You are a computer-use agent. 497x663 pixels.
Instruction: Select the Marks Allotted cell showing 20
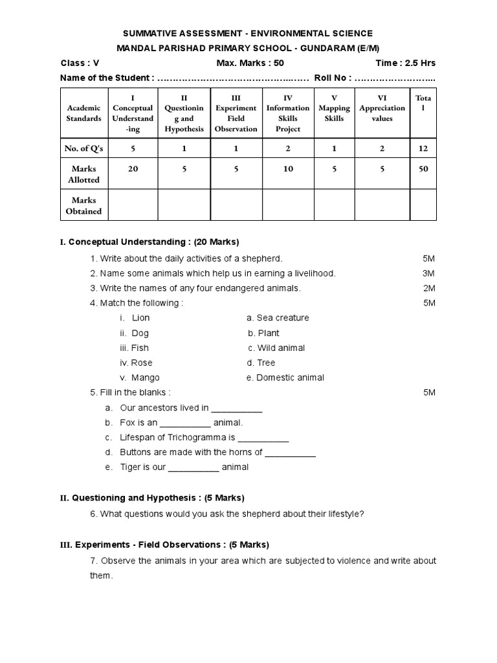[133, 169]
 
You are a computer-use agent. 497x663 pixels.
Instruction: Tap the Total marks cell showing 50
[423, 169]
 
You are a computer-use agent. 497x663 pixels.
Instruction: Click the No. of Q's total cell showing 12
[423, 148]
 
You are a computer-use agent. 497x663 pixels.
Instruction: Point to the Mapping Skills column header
[334, 113]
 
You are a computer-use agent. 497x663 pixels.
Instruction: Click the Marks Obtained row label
[84, 206]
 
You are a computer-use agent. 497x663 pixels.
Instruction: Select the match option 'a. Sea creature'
[278, 318]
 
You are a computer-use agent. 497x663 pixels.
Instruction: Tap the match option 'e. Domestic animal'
[285, 377]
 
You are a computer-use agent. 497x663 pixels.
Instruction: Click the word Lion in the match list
[140, 318]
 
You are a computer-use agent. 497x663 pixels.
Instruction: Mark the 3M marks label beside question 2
[428, 273]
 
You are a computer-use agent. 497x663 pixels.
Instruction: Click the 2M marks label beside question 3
[429, 288]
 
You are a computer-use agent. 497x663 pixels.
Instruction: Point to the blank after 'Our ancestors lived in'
[237, 409]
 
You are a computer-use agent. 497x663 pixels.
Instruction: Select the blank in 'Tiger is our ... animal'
[193, 467]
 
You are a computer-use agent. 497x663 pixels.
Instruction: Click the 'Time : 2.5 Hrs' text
[405, 63]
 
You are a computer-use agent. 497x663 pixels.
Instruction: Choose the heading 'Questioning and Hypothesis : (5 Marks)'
[158, 498]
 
